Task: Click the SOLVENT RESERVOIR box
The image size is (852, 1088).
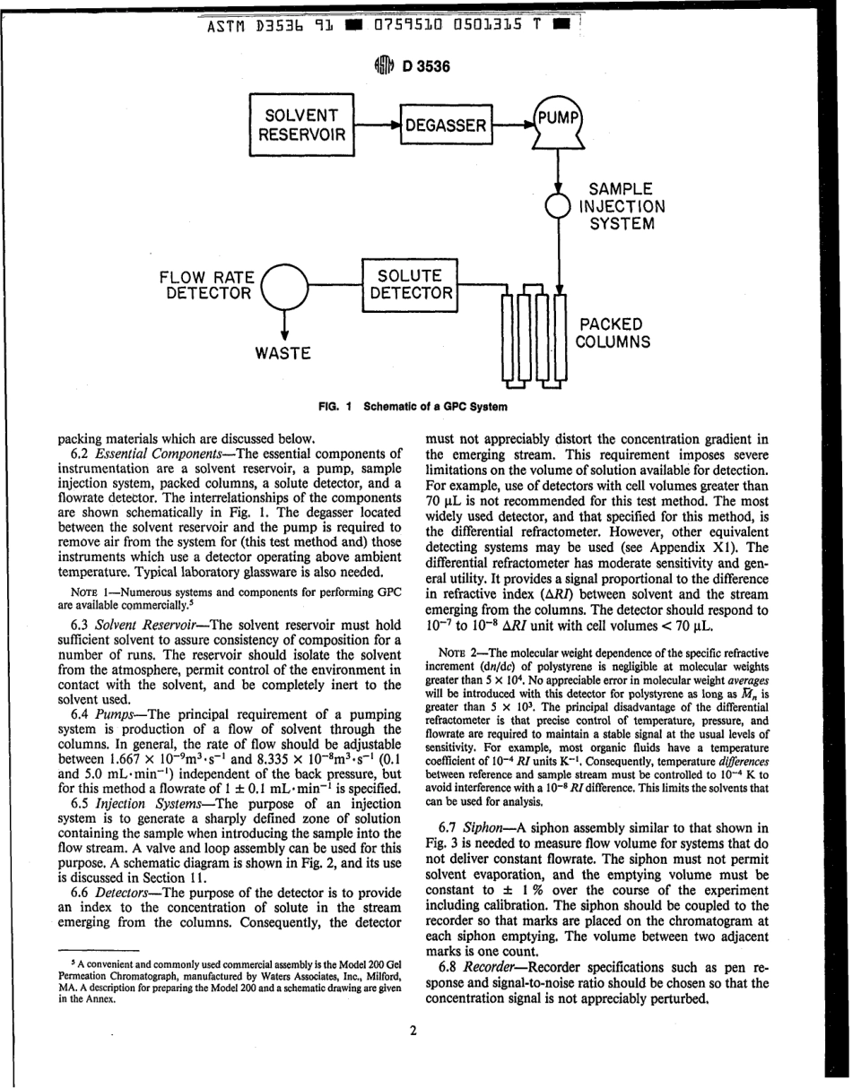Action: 301,125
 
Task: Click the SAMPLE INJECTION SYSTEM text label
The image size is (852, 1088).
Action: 626,206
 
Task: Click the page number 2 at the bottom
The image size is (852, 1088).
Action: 413,1030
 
